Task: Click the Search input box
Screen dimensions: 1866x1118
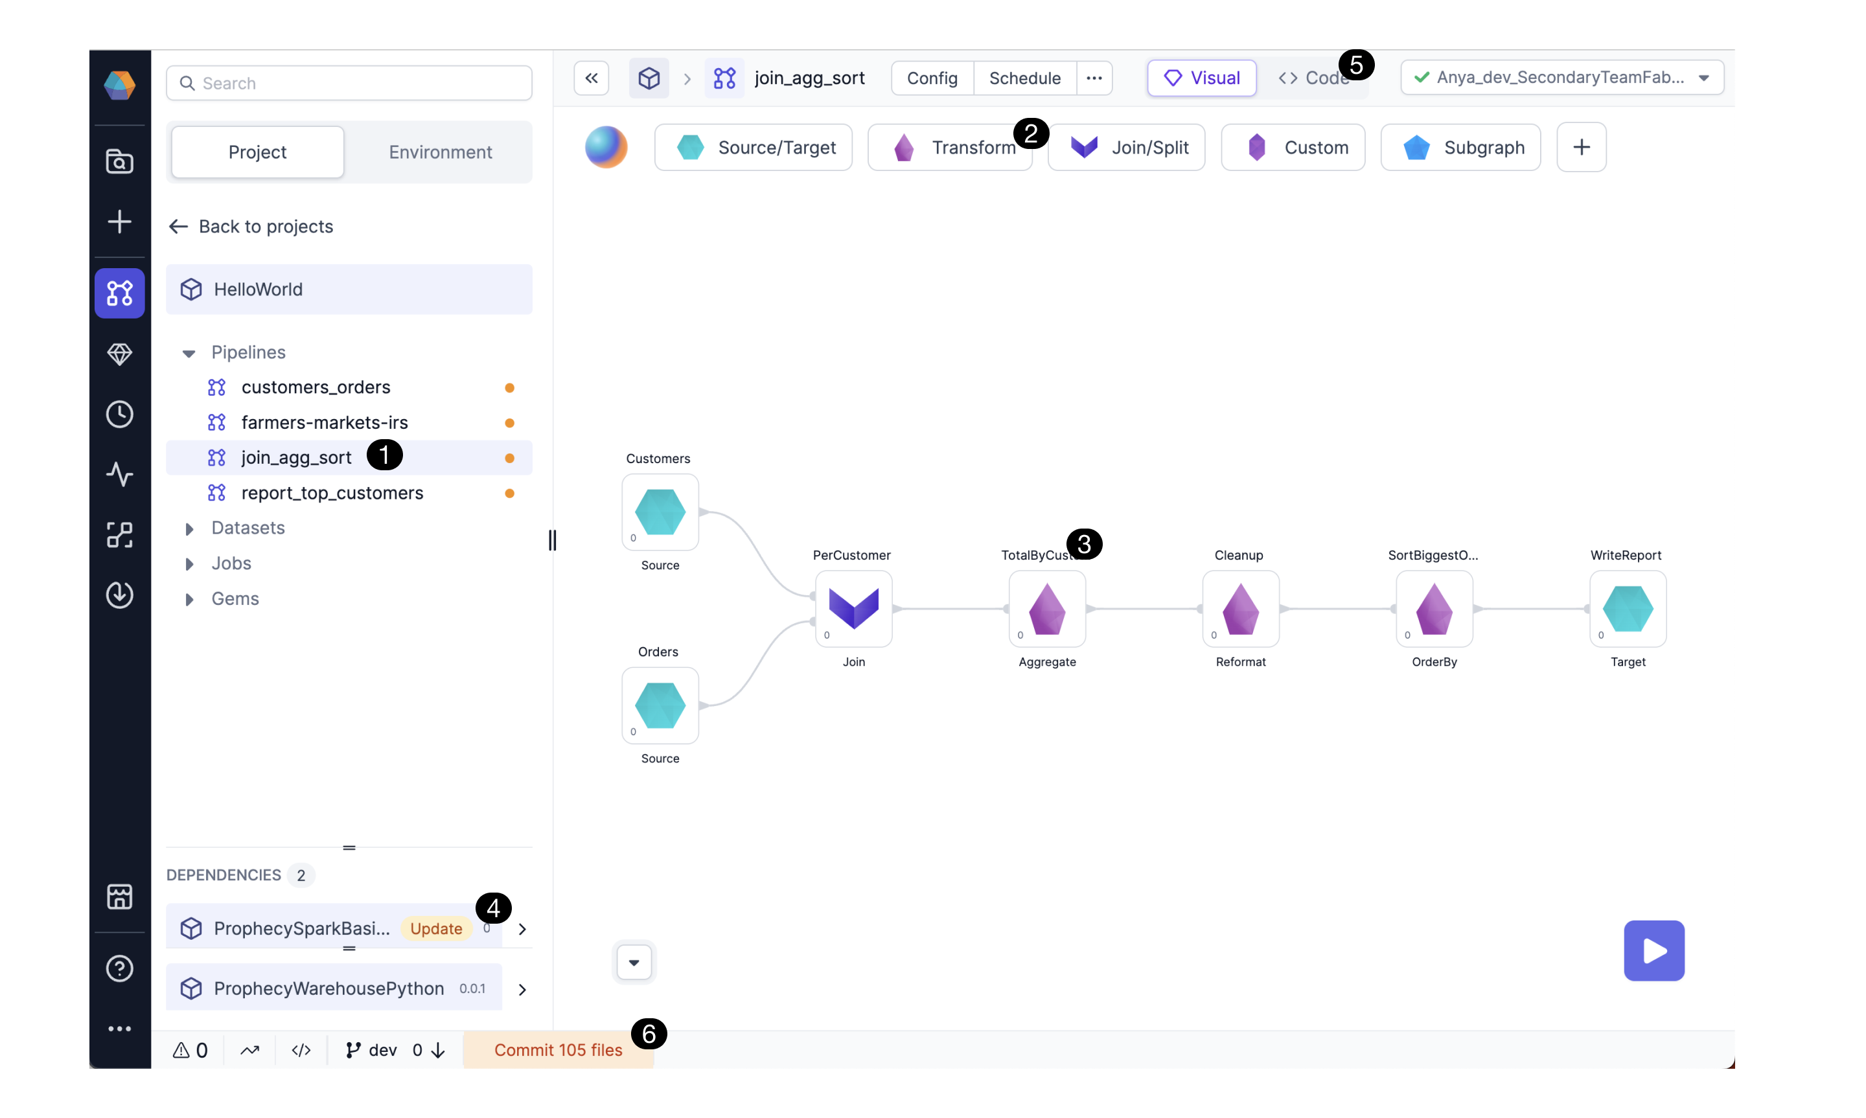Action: (349, 83)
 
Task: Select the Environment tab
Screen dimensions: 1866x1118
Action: (440, 152)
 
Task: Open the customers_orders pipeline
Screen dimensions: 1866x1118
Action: (316, 387)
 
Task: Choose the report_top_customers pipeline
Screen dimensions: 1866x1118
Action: (332, 493)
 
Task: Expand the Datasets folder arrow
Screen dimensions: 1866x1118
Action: (189, 529)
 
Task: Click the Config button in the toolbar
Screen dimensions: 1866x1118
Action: (932, 78)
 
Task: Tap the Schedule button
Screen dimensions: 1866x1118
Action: (1024, 78)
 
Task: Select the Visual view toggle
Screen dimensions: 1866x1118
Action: (1202, 78)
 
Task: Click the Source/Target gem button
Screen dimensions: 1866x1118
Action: (754, 148)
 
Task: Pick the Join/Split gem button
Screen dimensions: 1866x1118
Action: (1126, 148)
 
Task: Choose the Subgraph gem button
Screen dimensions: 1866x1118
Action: (1460, 148)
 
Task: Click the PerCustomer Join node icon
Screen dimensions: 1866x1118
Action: (853, 609)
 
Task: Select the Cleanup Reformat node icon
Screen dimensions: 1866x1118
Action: (1241, 609)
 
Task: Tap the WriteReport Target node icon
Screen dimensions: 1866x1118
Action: (1628, 609)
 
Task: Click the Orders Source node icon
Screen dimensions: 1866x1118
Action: (660, 705)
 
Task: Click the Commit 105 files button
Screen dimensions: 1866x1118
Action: (559, 1050)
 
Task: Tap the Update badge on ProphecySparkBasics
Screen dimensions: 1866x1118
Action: (436, 929)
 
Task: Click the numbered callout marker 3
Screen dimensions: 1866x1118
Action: (1084, 544)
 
